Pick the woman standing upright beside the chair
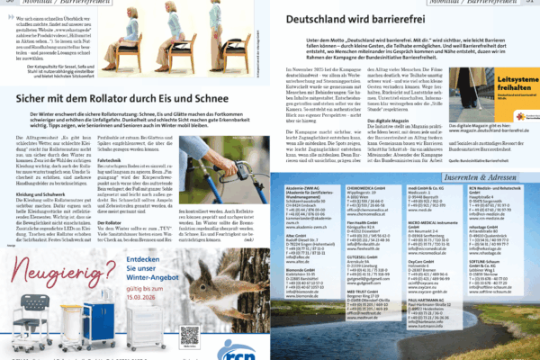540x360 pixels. point(219,27)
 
